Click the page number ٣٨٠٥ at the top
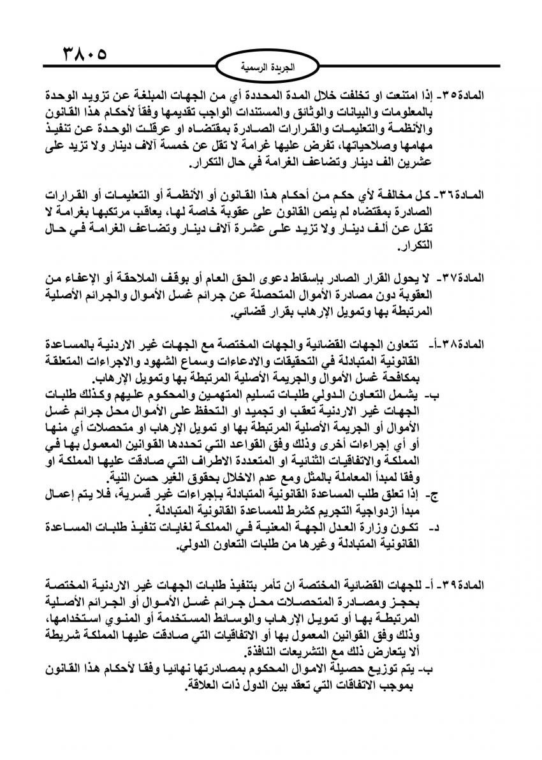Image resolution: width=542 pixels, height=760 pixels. pos(84,52)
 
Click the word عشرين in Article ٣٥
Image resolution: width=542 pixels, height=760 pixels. pos(416,162)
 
